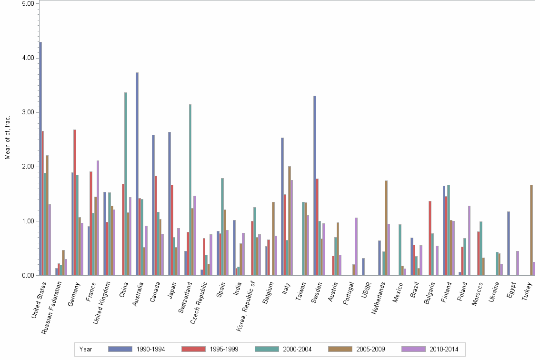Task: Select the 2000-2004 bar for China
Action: [126, 184]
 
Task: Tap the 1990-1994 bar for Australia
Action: [137, 174]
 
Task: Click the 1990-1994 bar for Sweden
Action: [315, 186]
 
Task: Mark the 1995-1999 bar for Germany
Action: [75, 202]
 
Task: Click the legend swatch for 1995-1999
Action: [193, 349]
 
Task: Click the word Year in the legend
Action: [86, 349]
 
